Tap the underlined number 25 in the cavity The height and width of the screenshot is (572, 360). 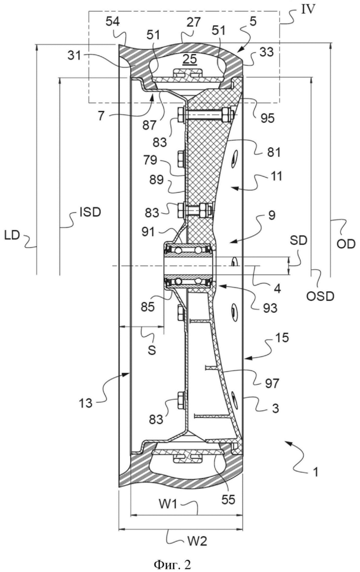tap(190, 59)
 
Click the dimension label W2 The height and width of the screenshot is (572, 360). tap(198, 541)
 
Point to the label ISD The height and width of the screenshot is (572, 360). tap(90, 212)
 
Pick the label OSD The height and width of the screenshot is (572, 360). tap(320, 296)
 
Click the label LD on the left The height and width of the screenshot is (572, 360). tap(12, 236)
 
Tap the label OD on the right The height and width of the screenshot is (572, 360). tap(346, 244)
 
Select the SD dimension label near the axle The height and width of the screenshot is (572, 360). tap(299, 240)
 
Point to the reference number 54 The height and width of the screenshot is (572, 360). tap(113, 23)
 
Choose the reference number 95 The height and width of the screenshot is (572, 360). tap(268, 118)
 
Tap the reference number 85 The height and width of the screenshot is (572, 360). tap(148, 306)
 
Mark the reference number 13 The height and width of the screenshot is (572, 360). tap(85, 403)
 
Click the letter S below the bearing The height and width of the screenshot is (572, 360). tap(152, 351)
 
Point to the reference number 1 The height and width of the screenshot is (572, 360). tap(316, 472)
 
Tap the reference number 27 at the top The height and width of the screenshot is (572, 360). tap(193, 23)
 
